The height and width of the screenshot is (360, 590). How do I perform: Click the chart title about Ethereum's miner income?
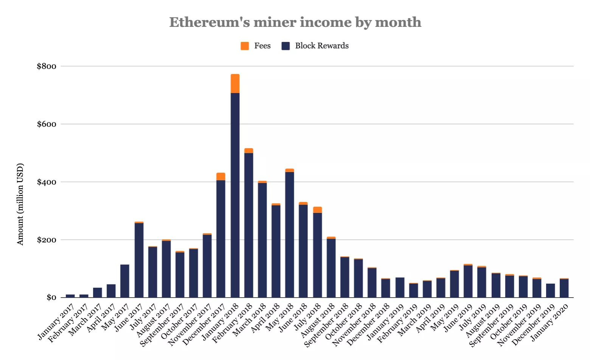[x=295, y=22]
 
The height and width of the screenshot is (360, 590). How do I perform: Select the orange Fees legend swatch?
[x=245, y=46]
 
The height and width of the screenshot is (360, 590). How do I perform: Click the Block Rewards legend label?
[x=321, y=46]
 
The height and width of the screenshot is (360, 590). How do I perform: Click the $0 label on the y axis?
[x=51, y=298]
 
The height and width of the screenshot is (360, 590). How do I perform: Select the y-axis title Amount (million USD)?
[x=20, y=204]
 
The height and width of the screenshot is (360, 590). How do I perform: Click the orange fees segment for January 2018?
[x=235, y=84]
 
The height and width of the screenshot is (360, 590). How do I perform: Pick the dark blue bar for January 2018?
[x=235, y=195]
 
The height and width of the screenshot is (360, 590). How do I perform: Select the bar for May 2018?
[x=289, y=234]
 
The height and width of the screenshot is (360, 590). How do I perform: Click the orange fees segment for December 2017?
[x=221, y=177]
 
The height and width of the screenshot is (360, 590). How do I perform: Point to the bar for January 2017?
[x=70, y=296]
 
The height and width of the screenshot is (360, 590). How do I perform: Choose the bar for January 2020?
[x=564, y=288]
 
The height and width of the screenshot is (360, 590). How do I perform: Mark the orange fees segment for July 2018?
[x=317, y=210]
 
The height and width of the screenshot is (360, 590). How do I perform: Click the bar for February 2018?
[x=248, y=225]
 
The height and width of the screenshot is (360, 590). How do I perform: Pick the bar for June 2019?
[x=468, y=281]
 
